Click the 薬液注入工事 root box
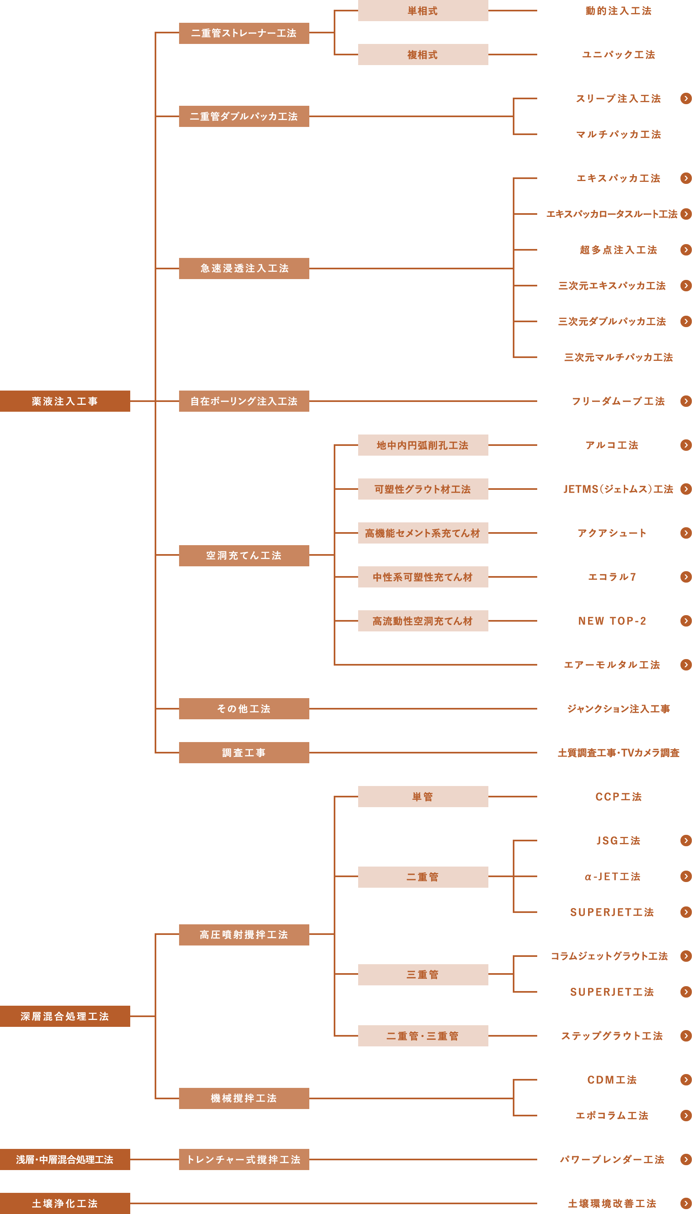[x=65, y=401]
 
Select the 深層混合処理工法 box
[x=65, y=1016]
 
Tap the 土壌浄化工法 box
[x=65, y=1203]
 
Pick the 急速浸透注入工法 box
[x=244, y=268]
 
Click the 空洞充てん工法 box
[x=244, y=555]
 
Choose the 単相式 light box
[x=422, y=11]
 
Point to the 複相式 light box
[x=422, y=54]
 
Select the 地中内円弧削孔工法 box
[x=422, y=445]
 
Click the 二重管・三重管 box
[x=422, y=1036]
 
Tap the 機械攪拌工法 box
[x=244, y=1098]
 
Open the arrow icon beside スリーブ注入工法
[x=686, y=98]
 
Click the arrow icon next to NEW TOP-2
[x=686, y=620]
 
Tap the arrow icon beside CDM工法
[x=686, y=1080]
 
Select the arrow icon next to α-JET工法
[x=686, y=876]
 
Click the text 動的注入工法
[x=618, y=11]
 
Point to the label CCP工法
[x=618, y=796]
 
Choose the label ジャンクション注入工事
[x=618, y=708]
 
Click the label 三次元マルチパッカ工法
[x=618, y=357]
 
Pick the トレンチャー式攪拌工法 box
[x=244, y=1159]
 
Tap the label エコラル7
[x=612, y=577]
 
